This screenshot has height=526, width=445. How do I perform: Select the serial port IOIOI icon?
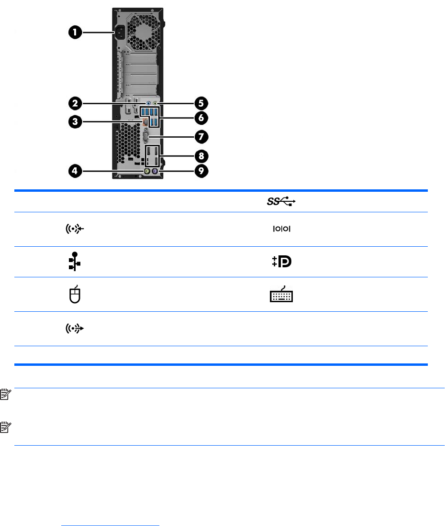coord(281,230)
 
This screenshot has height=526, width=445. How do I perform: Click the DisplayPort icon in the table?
coord(281,262)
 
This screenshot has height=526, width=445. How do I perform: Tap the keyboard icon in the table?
coord(281,294)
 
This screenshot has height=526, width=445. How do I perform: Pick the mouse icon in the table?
coord(76,295)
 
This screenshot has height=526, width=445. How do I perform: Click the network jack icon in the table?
coord(75,262)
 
